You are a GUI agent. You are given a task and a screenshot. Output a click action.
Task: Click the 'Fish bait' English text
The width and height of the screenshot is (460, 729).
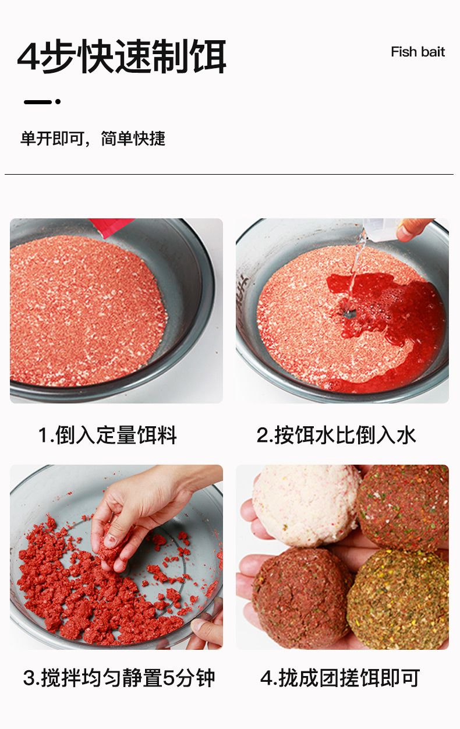[x=417, y=52]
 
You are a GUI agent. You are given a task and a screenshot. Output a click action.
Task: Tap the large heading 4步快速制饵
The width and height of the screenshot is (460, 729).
[x=122, y=56]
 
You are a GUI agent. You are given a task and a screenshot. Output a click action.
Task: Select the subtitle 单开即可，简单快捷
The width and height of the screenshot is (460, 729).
[x=93, y=139]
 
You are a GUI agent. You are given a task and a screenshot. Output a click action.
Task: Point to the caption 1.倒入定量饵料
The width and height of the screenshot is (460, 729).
[x=108, y=435]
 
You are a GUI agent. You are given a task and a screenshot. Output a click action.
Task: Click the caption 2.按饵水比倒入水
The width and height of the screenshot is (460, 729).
[x=337, y=435]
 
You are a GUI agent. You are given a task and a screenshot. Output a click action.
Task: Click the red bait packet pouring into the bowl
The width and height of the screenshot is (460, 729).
[x=111, y=226]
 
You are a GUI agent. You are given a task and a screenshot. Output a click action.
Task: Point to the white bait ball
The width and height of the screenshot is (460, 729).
[x=306, y=506]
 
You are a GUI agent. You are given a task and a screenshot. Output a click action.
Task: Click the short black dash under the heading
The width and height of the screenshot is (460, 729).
[x=38, y=102]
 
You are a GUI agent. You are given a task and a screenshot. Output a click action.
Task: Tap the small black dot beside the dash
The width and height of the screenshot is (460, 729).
[x=58, y=102]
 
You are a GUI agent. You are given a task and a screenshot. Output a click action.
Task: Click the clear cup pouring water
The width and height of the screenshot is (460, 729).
[x=381, y=229]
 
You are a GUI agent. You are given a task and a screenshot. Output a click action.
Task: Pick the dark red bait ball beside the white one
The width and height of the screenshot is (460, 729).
[x=404, y=507]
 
